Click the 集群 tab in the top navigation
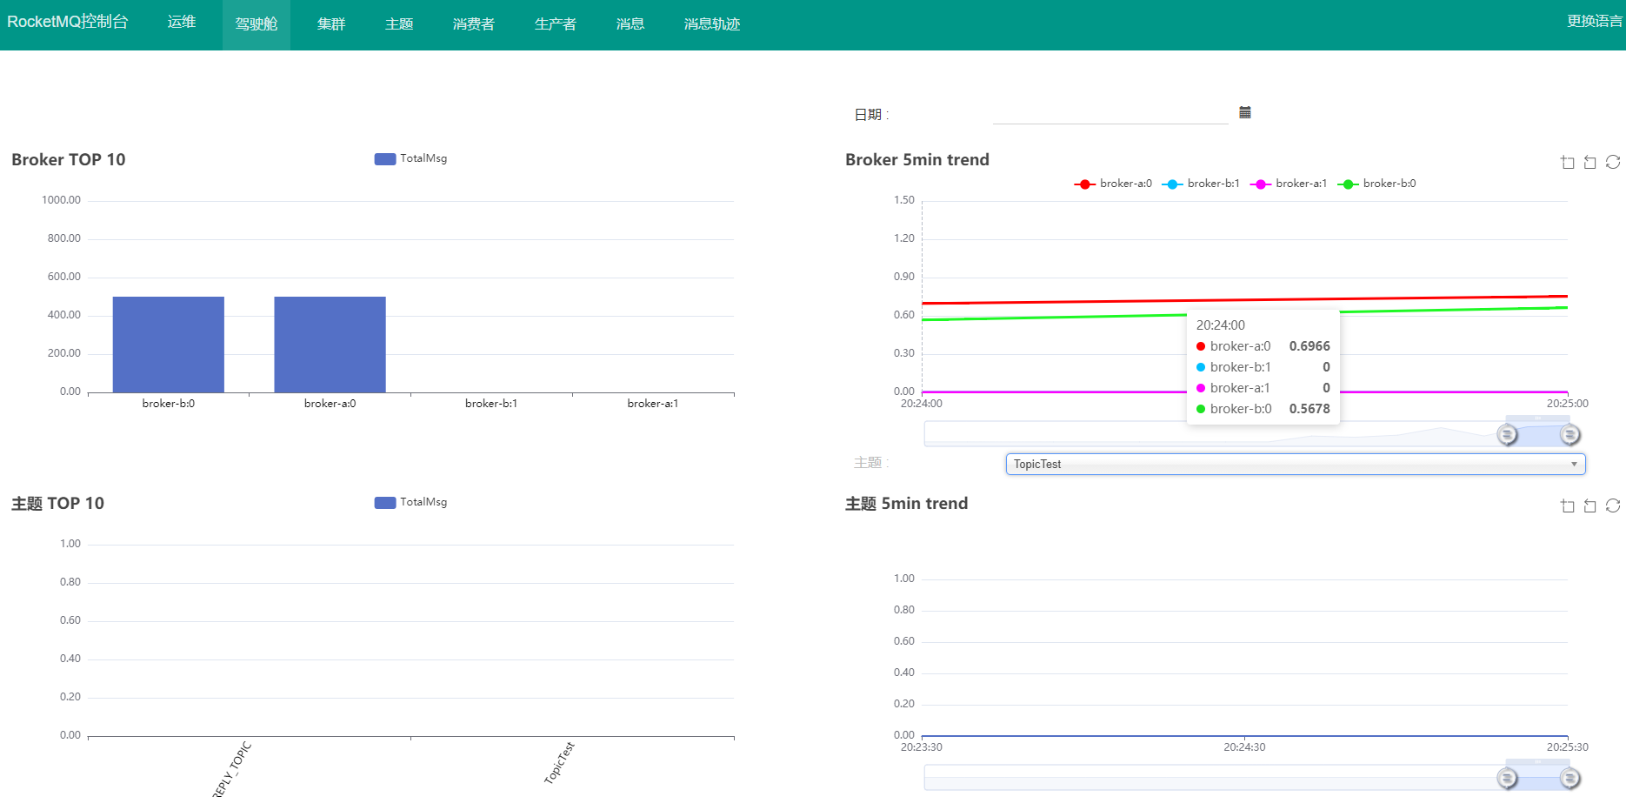pos(331,24)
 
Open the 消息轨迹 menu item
pos(712,24)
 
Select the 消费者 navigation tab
pos(474,24)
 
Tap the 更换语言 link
pos(1594,22)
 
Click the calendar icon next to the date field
pos(1245,112)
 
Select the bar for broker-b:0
pos(169,345)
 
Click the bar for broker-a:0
pos(330,345)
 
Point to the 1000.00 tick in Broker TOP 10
pos(61,200)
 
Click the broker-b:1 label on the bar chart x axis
pos(491,404)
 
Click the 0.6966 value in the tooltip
pos(1309,346)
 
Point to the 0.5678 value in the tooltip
pos(1309,409)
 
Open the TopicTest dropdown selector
pos(1296,464)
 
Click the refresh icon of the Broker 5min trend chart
pos(1613,162)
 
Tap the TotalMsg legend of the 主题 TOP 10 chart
pos(410,502)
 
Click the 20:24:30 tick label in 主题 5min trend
pos(1244,747)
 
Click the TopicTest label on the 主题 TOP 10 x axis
pos(559,763)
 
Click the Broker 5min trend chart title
pos(917,160)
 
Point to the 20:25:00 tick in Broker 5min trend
pos(1567,404)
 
